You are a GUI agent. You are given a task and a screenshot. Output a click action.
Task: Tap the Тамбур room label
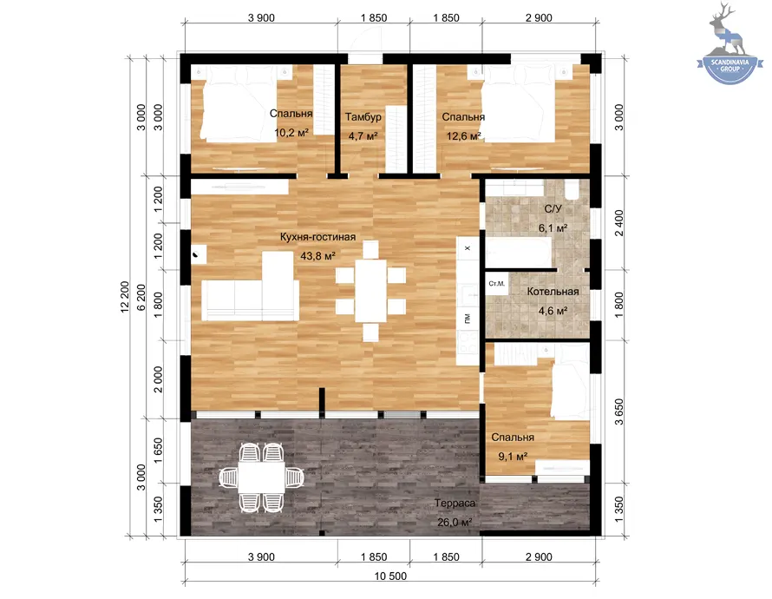tap(363, 116)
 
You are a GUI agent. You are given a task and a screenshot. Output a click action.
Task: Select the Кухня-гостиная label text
tap(317, 237)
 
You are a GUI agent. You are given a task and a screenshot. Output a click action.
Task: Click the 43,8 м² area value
tap(317, 255)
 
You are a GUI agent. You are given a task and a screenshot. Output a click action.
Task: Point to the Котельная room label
tap(553, 292)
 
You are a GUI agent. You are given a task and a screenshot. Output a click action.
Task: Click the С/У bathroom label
tap(553, 209)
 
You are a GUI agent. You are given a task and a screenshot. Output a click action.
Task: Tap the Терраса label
tap(455, 503)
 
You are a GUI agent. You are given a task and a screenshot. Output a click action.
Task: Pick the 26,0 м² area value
tap(455, 522)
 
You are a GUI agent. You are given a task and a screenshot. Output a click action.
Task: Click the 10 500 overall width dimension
tap(390, 576)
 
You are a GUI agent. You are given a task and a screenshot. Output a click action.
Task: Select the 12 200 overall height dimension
tap(125, 297)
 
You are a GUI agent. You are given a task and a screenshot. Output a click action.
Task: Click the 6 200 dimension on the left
tap(141, 297)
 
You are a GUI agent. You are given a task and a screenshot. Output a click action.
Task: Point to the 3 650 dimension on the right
tap(618, 411)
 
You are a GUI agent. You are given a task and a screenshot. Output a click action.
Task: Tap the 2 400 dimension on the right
tap(618, 222)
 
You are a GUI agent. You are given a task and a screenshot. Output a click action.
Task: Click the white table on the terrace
tap(261, 477)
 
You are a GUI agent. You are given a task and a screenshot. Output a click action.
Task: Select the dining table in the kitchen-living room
tap(370, 291)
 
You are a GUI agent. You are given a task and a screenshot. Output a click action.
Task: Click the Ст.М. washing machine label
tap(496, 284)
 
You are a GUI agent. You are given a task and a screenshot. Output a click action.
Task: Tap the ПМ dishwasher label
tap(468, 319)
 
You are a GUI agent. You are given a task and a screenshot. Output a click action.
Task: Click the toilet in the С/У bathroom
tap(572, 189)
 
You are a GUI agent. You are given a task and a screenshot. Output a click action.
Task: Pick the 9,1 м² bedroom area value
tap(513, 456)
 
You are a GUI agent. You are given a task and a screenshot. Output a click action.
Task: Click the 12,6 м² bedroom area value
tap(463, 135)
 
